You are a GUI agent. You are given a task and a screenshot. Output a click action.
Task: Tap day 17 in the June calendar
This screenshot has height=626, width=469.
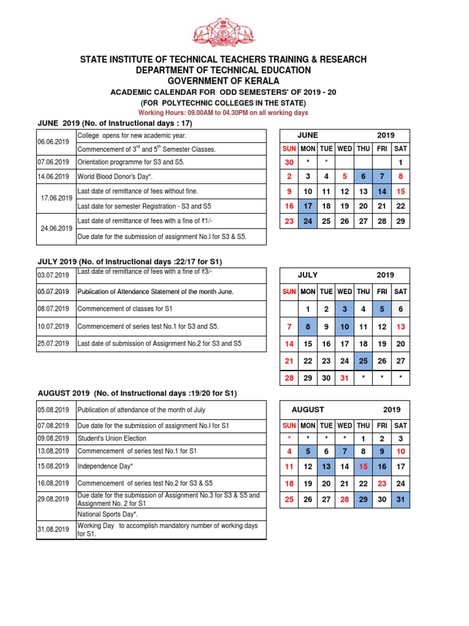[308, 206]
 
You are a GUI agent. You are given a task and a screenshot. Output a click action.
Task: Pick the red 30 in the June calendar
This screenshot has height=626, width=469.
[289, 162]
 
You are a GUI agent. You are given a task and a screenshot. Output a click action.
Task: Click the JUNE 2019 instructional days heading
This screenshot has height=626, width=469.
[115, 123]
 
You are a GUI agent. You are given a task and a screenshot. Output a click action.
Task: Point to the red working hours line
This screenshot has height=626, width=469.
[224, 113]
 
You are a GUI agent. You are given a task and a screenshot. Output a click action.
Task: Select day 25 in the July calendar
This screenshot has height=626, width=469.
[363, 361]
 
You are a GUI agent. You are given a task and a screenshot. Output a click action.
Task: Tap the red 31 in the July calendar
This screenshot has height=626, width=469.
[344, 378]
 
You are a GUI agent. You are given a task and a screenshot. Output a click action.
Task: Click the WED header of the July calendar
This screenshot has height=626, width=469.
[344, 292]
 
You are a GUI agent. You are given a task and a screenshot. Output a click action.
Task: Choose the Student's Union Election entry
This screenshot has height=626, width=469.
[112, 438]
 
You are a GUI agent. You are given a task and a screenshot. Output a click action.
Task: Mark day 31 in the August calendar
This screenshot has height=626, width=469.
[401, 499]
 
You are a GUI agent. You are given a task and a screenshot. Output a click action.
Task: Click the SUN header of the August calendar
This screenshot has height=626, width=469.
[289, 425]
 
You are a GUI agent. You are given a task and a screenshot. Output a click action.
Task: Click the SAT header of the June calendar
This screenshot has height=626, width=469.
[401, 148]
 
